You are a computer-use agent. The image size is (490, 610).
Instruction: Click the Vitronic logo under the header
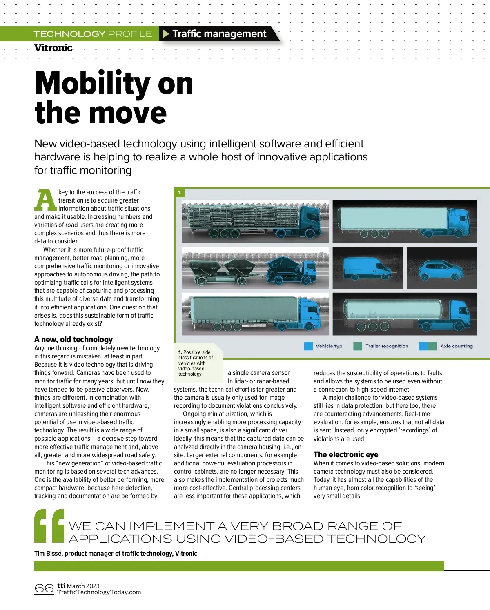(53, 48)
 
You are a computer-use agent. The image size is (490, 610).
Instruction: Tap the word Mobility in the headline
(92, 83)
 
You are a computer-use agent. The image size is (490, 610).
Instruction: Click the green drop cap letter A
(45, 200)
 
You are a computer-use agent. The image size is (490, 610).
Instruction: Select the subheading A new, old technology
(73, 339)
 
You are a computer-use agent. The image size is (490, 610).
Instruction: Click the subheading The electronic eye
(346, 454)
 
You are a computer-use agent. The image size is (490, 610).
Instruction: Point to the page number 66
(44, 588)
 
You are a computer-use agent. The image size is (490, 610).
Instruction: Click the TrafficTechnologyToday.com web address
(99, 592)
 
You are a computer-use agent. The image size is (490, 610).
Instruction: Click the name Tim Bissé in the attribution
(48, 553)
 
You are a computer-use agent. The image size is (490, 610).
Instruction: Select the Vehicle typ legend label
(329, 346)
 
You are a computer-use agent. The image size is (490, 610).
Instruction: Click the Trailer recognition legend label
(386, 346)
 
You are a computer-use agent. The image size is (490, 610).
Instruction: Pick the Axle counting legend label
(456, 346)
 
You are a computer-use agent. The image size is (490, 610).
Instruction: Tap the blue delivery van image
(366, 269)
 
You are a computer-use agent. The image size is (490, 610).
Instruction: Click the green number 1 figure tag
(179, 192)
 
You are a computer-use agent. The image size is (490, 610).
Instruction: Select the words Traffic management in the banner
(219, 34)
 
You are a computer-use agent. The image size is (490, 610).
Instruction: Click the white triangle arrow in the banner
(166, 34)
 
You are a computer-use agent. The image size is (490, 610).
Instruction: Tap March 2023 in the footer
(83, 586)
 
